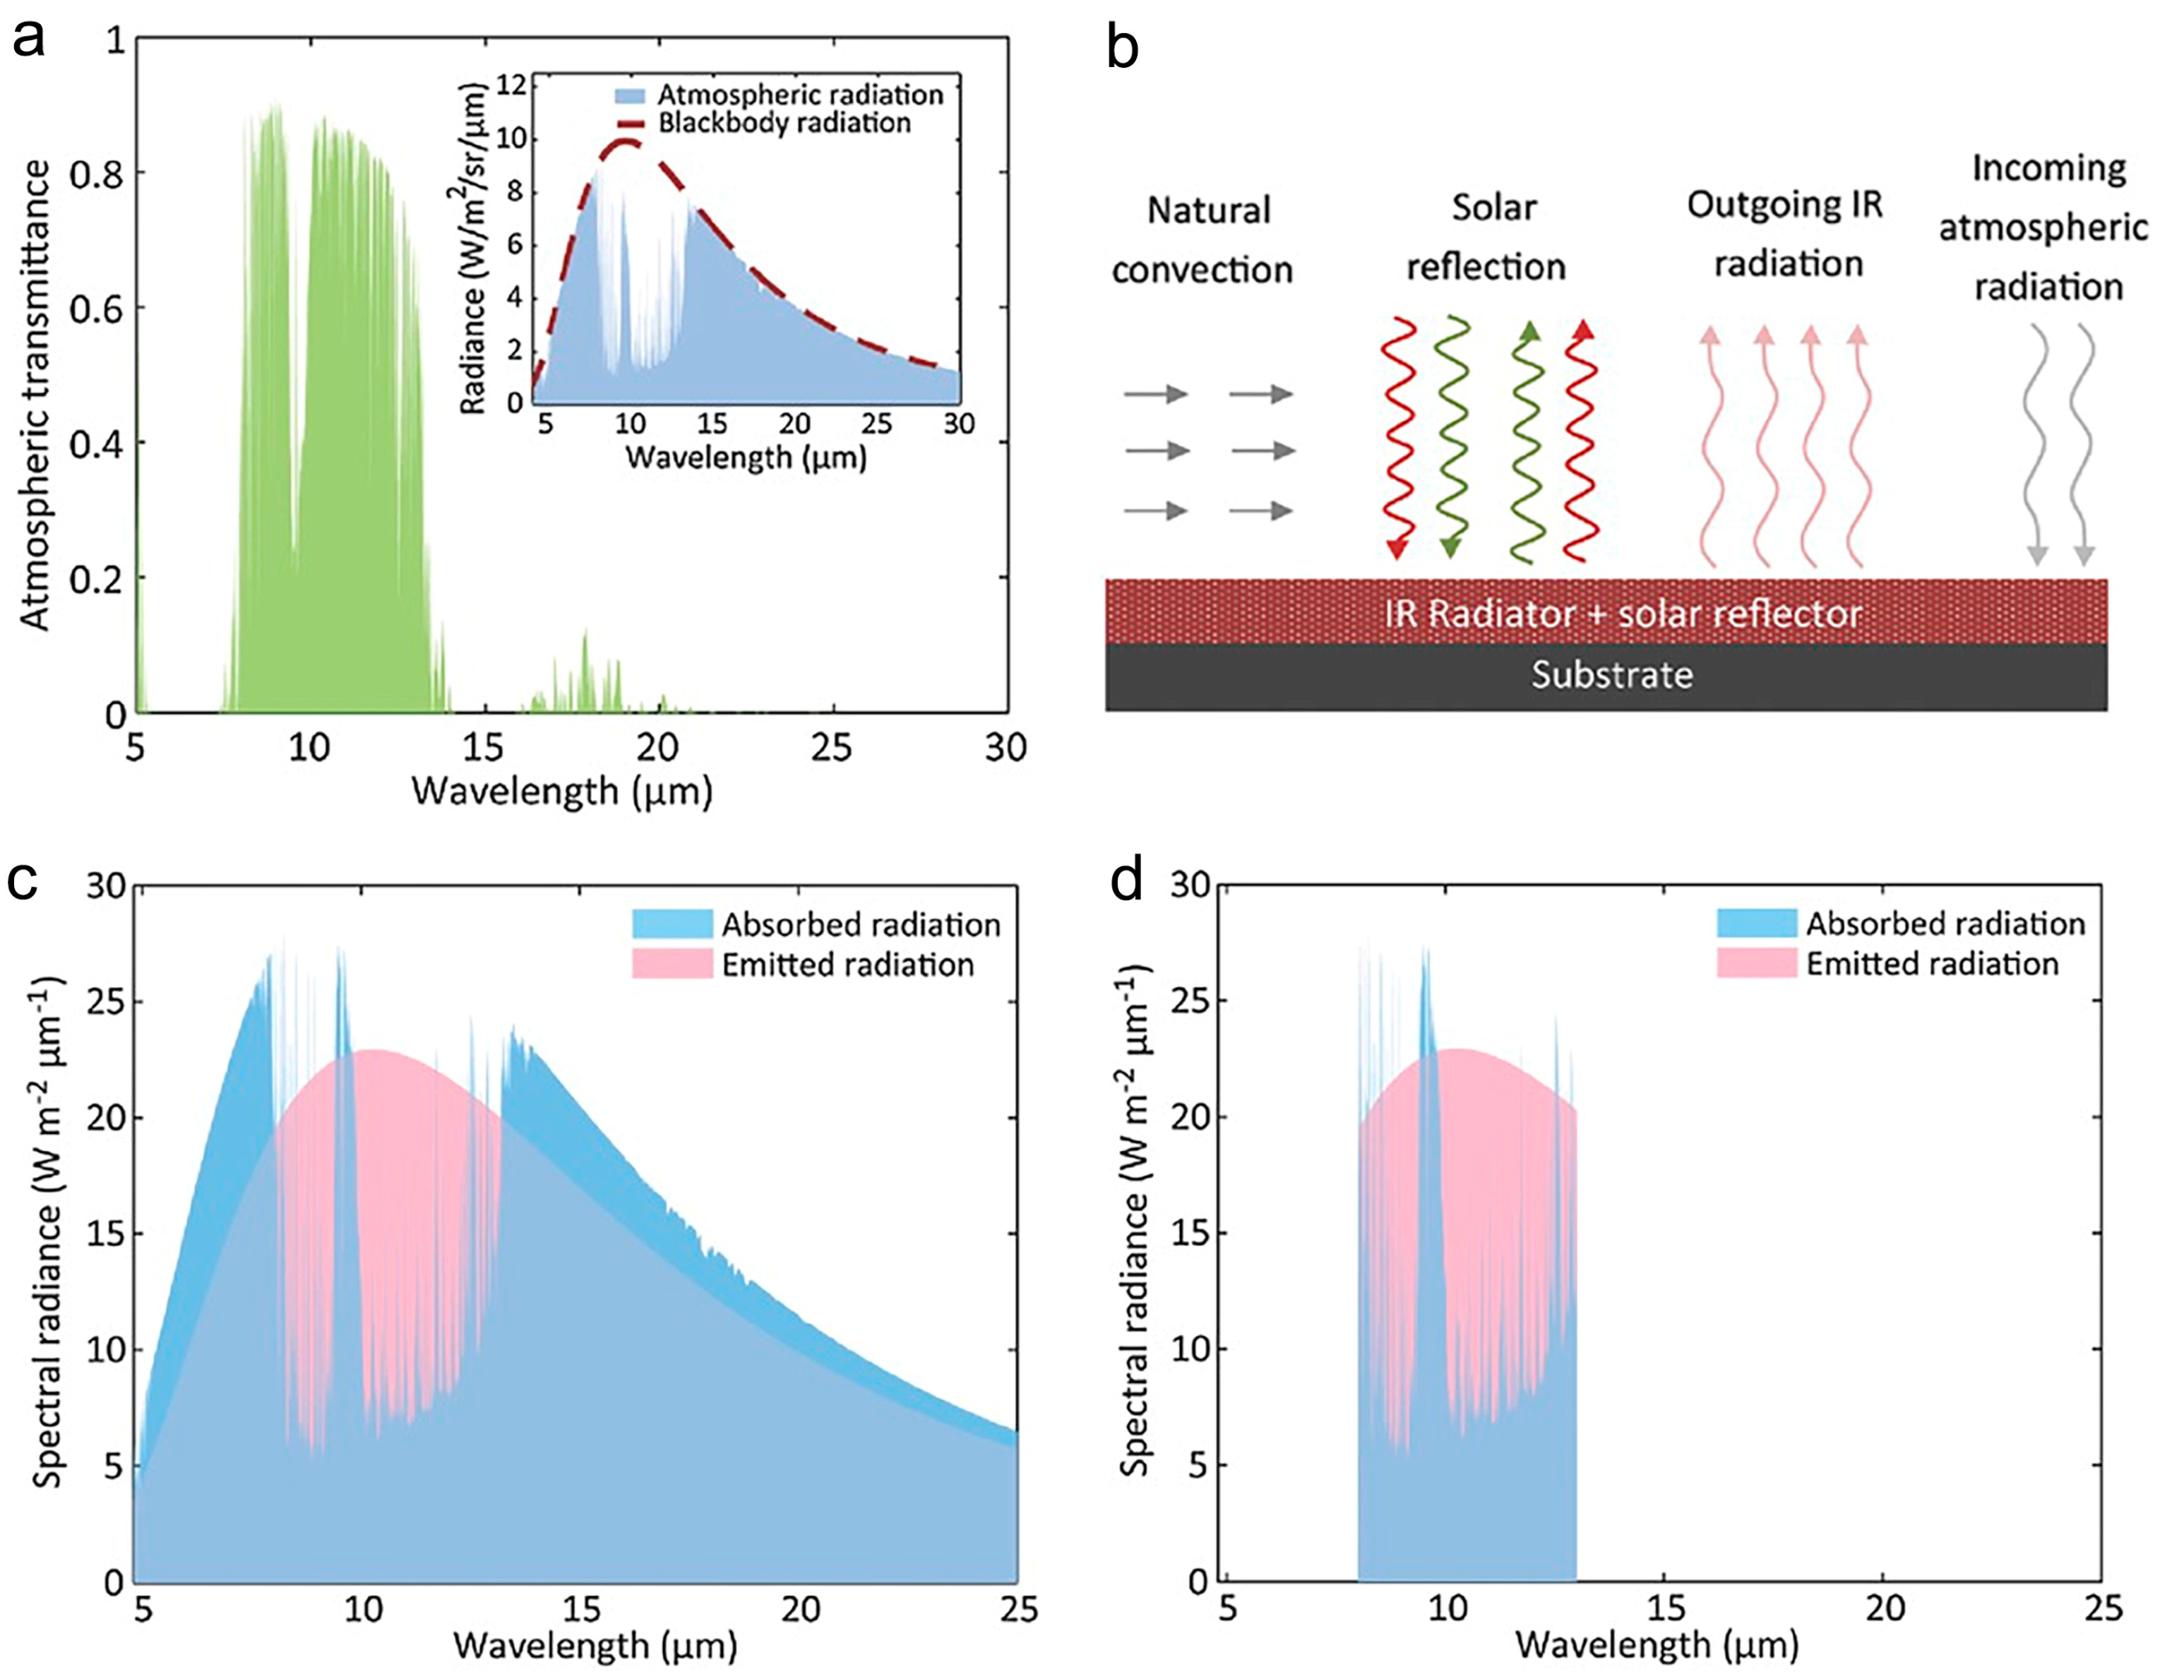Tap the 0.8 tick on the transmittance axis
(x=97, y=174)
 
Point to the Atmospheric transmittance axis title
(x=35, y=395)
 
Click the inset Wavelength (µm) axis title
(x=746, y=458)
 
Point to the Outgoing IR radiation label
(x=1786, y=234)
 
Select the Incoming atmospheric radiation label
(x=2043, y=227)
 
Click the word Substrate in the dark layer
(x=1612, y=676)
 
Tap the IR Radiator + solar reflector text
(x=1622, y=614)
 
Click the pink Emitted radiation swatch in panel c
(x=672, y=964)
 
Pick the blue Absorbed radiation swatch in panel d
(x=1757, y=923)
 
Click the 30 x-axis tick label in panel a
(x=1006, y=748)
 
